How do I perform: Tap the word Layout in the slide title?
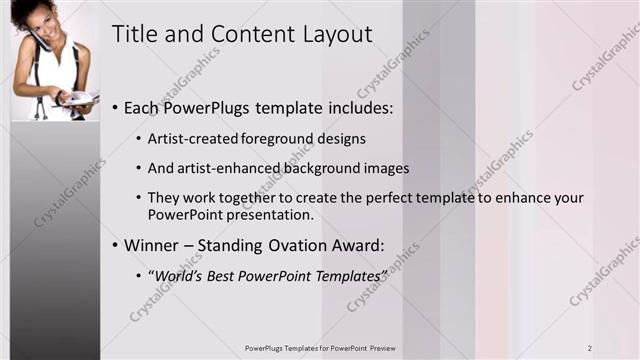pyautogui.click(x=337, y=35)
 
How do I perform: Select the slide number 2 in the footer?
pyautogui.click(x=590, y=347)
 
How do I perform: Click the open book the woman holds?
pyautogui.click(x=77, y=99)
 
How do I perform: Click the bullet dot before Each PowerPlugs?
pyautogui.click(x=116, y=106)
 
